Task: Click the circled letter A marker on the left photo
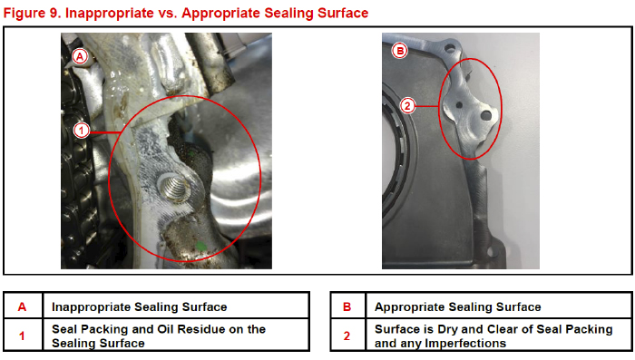click(80, 56)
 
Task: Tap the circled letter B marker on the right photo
click(400, 51)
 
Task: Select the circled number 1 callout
click(82, 131)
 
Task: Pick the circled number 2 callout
click(407, 106)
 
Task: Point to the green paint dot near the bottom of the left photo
click(200, 246)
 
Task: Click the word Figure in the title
click(24, 13)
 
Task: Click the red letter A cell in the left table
click(23, 306)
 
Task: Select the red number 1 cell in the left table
click(23, 336)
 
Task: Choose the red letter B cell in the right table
click(347, 306)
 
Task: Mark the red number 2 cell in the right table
click(347, 336)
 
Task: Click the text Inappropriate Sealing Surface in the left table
click(140, 306)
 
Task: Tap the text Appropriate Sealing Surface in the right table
click(457, 306)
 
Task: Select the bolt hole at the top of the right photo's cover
click(450, 49)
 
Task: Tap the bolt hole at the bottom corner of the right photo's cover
click(491, 252)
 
